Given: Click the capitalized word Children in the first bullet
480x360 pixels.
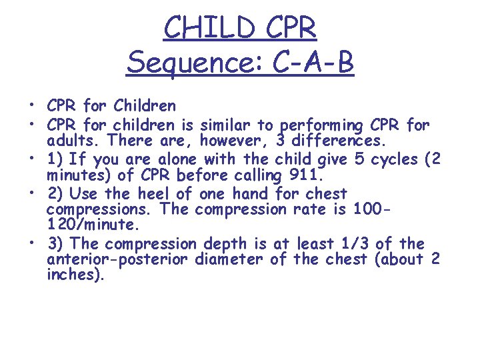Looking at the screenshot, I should (x=145, y=106).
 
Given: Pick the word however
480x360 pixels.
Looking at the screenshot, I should (x=228, y=141).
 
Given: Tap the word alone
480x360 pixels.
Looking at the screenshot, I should (x=180, y=160).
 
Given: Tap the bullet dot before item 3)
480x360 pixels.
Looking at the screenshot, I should (x=31, y=243).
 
